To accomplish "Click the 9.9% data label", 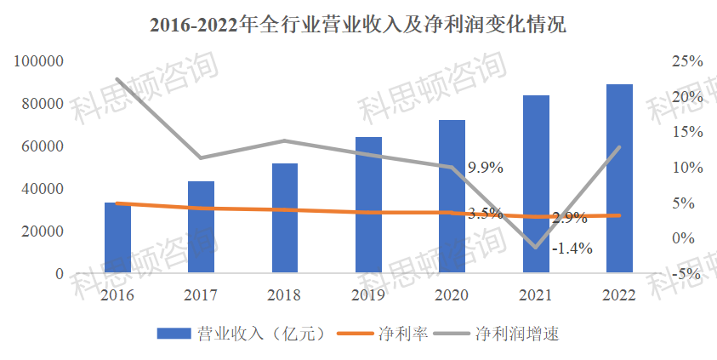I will tap(486, 169).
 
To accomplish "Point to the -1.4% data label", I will tap(572, 249).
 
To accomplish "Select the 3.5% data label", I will tap(486, 213).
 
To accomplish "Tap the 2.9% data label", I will tap(569, 218).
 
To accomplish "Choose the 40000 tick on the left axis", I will tap(43, 189).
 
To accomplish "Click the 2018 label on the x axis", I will tap(284, 295).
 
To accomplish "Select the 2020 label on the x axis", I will tap(452, 295).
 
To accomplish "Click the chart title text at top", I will tap(358, 25).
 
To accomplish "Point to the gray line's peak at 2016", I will tap(117, 79).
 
